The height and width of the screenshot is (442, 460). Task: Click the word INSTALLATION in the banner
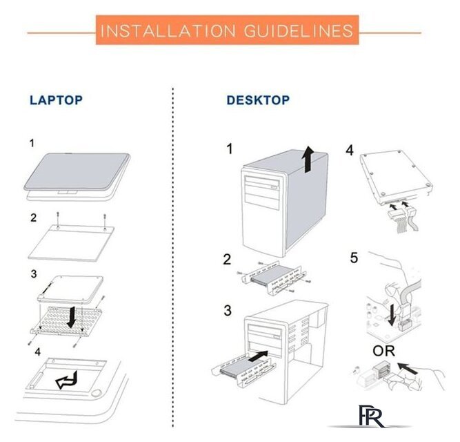coord(168,31)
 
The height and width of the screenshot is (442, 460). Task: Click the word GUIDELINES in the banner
coord(299,31)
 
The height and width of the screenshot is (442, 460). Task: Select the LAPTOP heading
coord(56,100)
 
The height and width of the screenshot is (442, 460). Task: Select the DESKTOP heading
coord(258,100)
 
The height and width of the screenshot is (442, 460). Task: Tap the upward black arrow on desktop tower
coord(308,159)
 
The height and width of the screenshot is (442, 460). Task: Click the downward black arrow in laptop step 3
coord(71,317)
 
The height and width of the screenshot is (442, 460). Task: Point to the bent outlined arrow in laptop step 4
coord(67,380)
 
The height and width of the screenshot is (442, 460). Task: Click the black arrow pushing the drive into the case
coord(258,356)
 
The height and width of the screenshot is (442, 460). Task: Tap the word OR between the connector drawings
coord(383,351)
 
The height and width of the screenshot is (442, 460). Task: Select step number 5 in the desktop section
coord(354,258)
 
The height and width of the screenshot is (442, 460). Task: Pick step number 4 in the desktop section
coord(350,150)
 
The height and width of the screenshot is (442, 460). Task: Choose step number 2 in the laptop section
coord(33,218)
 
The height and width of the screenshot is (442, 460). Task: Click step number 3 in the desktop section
coord(228,310)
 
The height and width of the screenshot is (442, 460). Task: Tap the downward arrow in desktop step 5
coord(391,315)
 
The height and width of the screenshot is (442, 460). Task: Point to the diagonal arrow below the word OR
coord(407,369)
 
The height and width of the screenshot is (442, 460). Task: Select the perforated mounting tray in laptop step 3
coord(66,322)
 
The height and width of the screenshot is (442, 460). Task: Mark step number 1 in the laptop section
coord(32,144)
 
